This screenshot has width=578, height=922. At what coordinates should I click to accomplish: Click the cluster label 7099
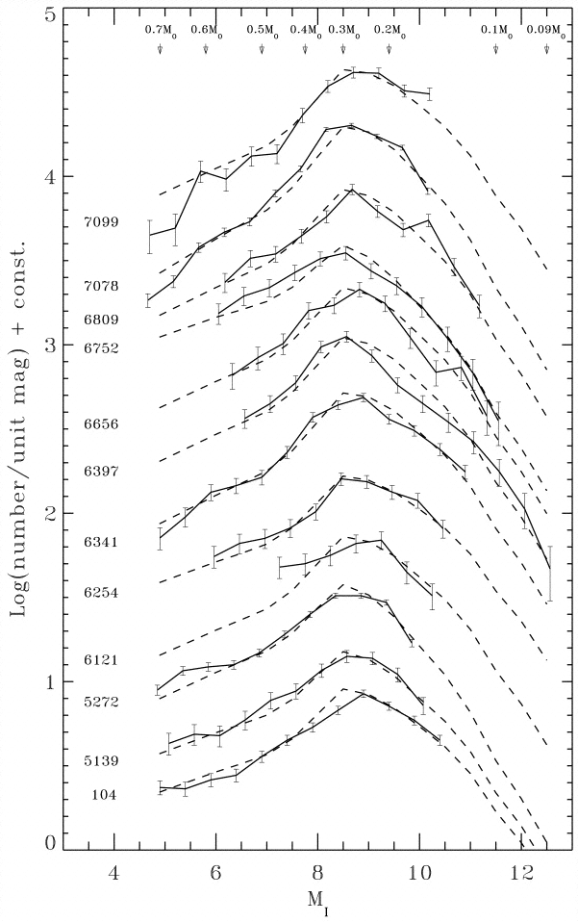(101, 221)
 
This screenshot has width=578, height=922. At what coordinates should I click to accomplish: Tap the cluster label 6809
(101, 318)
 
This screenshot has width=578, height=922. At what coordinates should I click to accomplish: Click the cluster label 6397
(101, 471)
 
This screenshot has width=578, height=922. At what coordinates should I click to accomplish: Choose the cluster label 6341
(101, 543)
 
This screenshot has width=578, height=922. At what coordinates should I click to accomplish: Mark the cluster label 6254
(101, 593)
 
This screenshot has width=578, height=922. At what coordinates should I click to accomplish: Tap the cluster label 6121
(101, 659)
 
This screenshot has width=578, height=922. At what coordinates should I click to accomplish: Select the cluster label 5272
(101, 702)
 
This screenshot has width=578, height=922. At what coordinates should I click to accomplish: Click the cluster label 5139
(101, 760)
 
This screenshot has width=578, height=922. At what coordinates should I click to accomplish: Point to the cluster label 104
(105, 795)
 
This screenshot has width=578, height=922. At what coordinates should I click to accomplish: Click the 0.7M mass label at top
(160, 31)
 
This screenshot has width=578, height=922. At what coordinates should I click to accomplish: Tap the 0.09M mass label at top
(545, 31)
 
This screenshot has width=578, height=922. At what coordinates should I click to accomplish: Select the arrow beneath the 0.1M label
(495, 49)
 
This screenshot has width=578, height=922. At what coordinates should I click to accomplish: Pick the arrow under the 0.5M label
(262, 49)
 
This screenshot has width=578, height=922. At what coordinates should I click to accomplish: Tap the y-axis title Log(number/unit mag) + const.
(19, 428)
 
